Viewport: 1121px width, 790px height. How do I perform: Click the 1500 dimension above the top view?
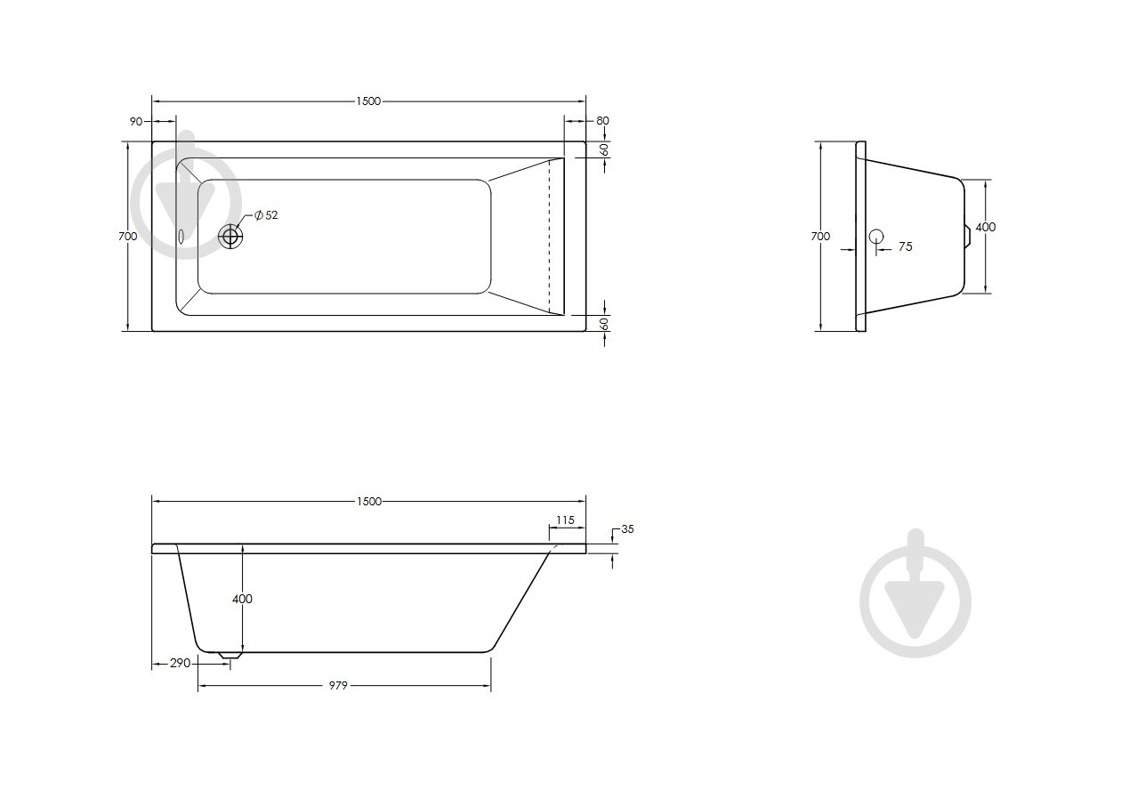(368, 101)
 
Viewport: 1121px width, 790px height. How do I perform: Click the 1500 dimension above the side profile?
(369, 502)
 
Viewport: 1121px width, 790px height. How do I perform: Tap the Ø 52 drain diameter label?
(266, 215)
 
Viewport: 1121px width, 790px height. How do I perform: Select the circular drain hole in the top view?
(230, 236)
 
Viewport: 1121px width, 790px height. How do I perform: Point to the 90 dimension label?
(136, 122)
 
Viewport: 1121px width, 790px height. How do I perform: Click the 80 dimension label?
(602, 121)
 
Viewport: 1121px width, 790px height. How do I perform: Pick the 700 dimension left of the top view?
(127, 236)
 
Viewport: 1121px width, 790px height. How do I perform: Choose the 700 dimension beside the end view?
(820, 236)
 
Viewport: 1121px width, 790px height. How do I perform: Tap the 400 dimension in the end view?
(986, 227)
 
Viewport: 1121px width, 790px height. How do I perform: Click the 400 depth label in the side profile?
(242, 599)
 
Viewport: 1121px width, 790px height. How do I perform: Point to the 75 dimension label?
(906, 246)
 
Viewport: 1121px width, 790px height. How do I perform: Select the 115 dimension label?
(565, 520)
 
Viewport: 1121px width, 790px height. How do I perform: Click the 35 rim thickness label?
(627, 528)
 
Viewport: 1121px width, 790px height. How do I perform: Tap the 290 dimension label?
(180, 664)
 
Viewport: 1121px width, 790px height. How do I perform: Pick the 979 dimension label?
(338, 686)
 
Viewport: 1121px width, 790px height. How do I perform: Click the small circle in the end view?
(876, 237)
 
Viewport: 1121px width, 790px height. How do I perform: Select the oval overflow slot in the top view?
(181, 237)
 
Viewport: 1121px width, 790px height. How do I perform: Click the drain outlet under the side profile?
(230, 655)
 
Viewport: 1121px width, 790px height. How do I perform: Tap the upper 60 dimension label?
(605, 149)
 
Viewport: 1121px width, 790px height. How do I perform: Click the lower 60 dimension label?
(605, 324)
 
